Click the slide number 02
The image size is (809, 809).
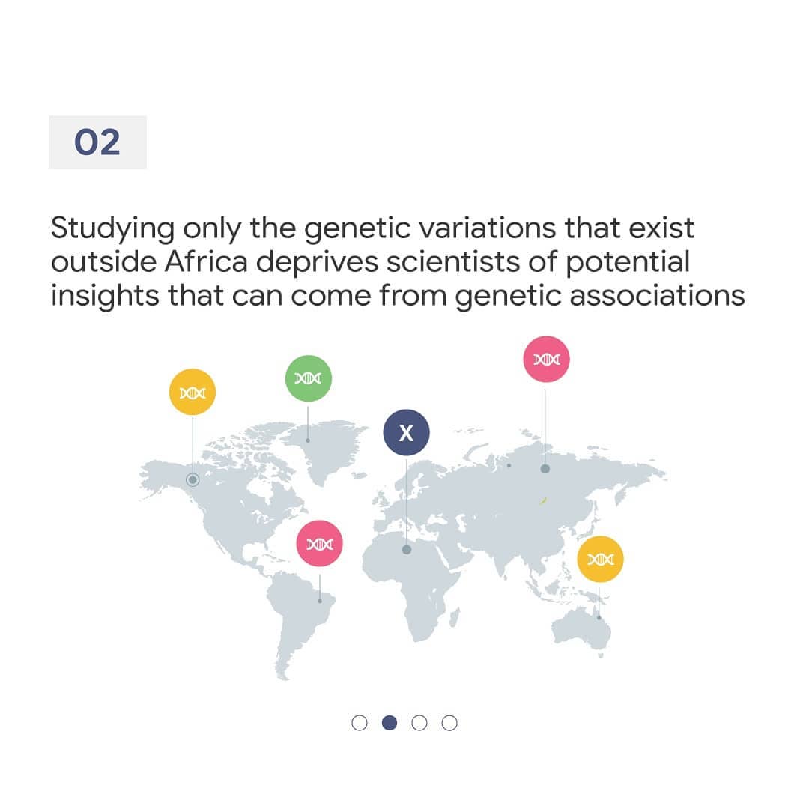tap(97, 142)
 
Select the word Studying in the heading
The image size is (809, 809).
tap(112, 229)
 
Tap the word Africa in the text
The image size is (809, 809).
tap(207, 261)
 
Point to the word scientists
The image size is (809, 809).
tap(453, 261)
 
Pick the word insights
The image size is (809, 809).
tap(105, 297)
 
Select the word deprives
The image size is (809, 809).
tap(318, 263)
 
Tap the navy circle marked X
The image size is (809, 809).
tap(406, 432)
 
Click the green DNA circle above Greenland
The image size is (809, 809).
tap(308, 378)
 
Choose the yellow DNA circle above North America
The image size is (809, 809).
tap(193, 392)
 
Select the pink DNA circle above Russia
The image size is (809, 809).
tap(546, 359)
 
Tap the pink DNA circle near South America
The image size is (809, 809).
tap(319, 543)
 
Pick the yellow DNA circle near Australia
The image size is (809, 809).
tap(600, 559)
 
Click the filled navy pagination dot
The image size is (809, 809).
tap(390, 723)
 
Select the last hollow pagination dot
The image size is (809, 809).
tap(449, 723)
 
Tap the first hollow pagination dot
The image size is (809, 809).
tap(360, 723)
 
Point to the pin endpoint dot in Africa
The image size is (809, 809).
tap(407, 550)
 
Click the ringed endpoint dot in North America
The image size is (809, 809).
tap(193, 480)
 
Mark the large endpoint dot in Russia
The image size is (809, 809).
tap(545, 468)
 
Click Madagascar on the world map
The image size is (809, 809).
tap(455, 617)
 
